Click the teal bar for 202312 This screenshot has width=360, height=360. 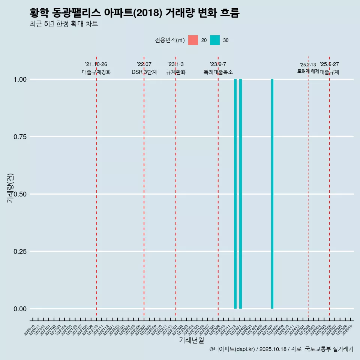tap(235, 194)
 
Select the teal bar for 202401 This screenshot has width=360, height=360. tap(240, 194)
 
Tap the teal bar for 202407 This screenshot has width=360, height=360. tap(272, 194)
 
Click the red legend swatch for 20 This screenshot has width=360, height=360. tap(193, 40)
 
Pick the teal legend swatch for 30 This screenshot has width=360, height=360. tap(215, 40)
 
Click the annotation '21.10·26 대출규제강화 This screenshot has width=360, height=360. tap(96, 68)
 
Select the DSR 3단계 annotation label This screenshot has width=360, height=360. tap(144, 72)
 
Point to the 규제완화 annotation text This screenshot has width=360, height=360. tap(175, 72)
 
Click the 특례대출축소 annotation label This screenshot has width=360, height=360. tap(218, 72)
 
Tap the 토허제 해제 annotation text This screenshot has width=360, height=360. tap(308, 71)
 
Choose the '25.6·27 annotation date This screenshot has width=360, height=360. tap(329, 64)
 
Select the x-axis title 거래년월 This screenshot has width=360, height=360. tap(192, 340)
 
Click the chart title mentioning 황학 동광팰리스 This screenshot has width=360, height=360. tap(134, 13)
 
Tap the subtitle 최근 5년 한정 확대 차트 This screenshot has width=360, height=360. tap(64, 24)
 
